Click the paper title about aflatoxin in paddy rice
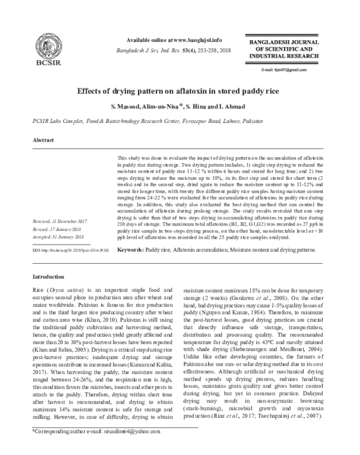tap(179, 93)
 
